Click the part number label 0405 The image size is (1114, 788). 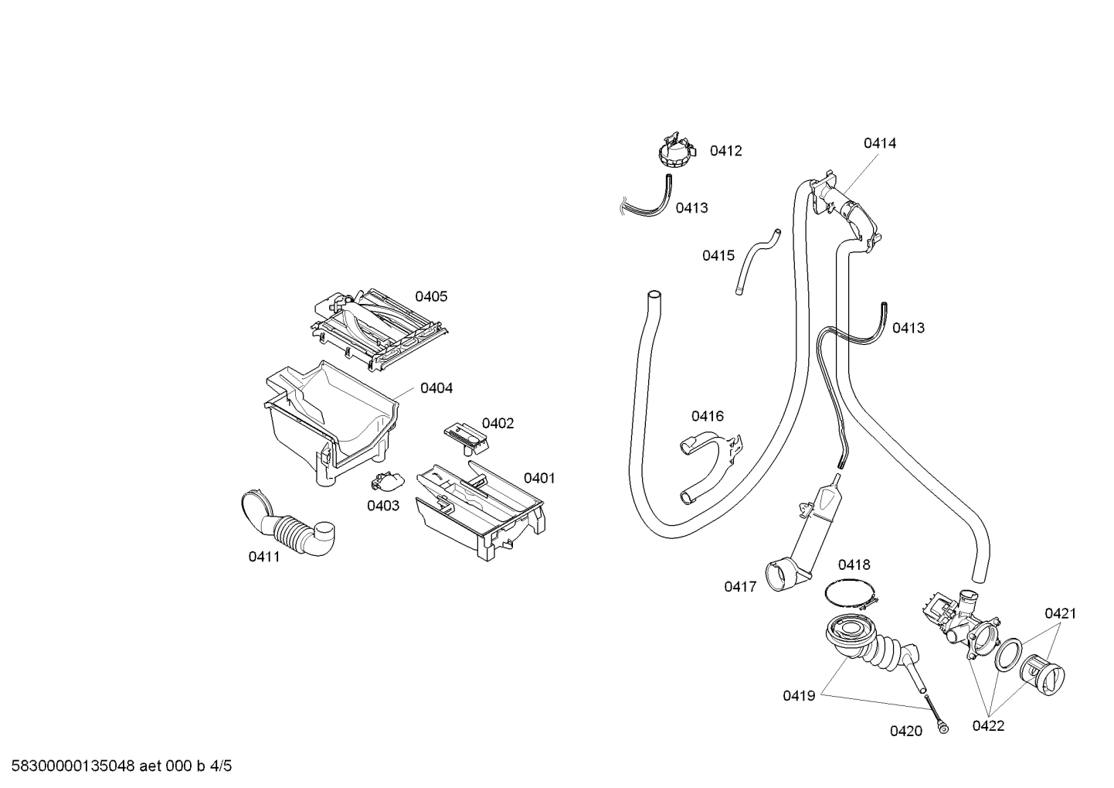[431, 296]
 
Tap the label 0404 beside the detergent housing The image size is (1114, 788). [436, 388]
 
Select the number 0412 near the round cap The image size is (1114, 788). [725, 151]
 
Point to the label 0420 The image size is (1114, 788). [905, 731]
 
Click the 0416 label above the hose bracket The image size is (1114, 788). [708, 416]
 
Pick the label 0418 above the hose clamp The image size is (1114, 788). [854, 565]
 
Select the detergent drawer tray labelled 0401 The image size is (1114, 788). [479, 510]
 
